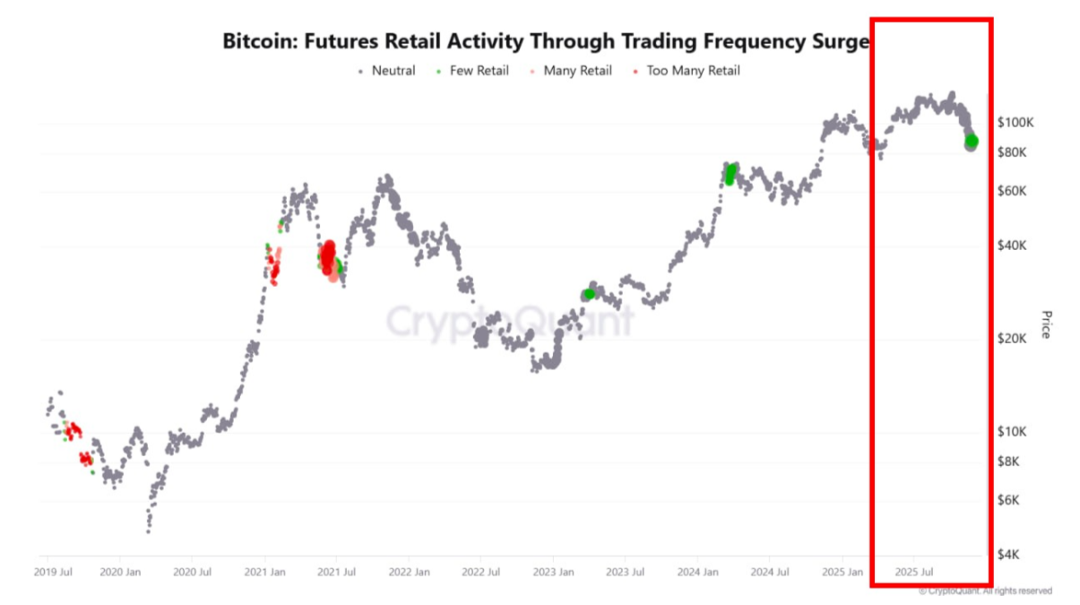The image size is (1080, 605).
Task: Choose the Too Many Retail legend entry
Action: coord(693,71)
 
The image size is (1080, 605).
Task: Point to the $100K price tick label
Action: coord(1015,122)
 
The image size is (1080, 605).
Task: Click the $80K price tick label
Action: coord(1013,152)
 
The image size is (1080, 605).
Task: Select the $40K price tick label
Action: coord(1013,246)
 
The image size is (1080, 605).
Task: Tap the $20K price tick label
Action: coord(1013,338)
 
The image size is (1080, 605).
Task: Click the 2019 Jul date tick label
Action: coord(55,571)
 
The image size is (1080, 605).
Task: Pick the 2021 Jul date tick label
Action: coord(334,571)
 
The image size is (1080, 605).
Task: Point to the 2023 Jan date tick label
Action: coord(553,571)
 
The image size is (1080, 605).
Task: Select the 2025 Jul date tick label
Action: coord(915,571)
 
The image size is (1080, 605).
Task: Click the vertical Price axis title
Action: coord(1045,324)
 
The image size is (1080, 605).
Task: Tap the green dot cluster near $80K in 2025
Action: coord(972,142)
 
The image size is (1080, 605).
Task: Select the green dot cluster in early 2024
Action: coord(730,173)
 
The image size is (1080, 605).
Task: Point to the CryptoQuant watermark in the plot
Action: coord(509,320)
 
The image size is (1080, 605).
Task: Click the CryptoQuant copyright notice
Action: coord(986,592)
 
